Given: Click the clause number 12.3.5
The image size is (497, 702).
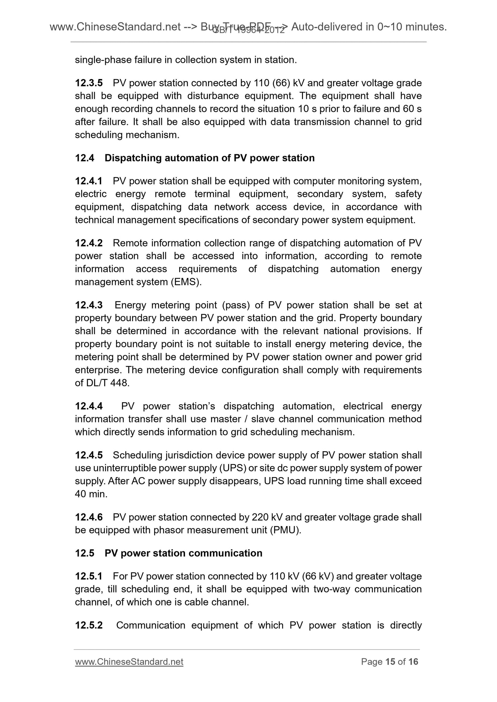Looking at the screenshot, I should coord(89,83).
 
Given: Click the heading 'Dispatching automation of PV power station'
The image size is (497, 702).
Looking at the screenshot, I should coord(209,158).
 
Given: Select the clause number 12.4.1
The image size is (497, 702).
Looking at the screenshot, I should coord(89,181).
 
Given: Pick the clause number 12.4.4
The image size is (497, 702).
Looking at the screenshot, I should coord(89,406).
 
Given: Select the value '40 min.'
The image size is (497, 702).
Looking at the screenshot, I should coord(91,494).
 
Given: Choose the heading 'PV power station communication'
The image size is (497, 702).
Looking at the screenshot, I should coord(183,553).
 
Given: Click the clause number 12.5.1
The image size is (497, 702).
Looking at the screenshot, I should coord(89,576).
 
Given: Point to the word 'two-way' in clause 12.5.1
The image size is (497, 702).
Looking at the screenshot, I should coord(332,589).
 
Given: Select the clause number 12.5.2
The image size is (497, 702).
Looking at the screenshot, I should coord(89,625).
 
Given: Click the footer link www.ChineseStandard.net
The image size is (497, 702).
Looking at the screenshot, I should coord(129,662).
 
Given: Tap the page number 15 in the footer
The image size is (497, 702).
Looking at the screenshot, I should coord(390,662).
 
